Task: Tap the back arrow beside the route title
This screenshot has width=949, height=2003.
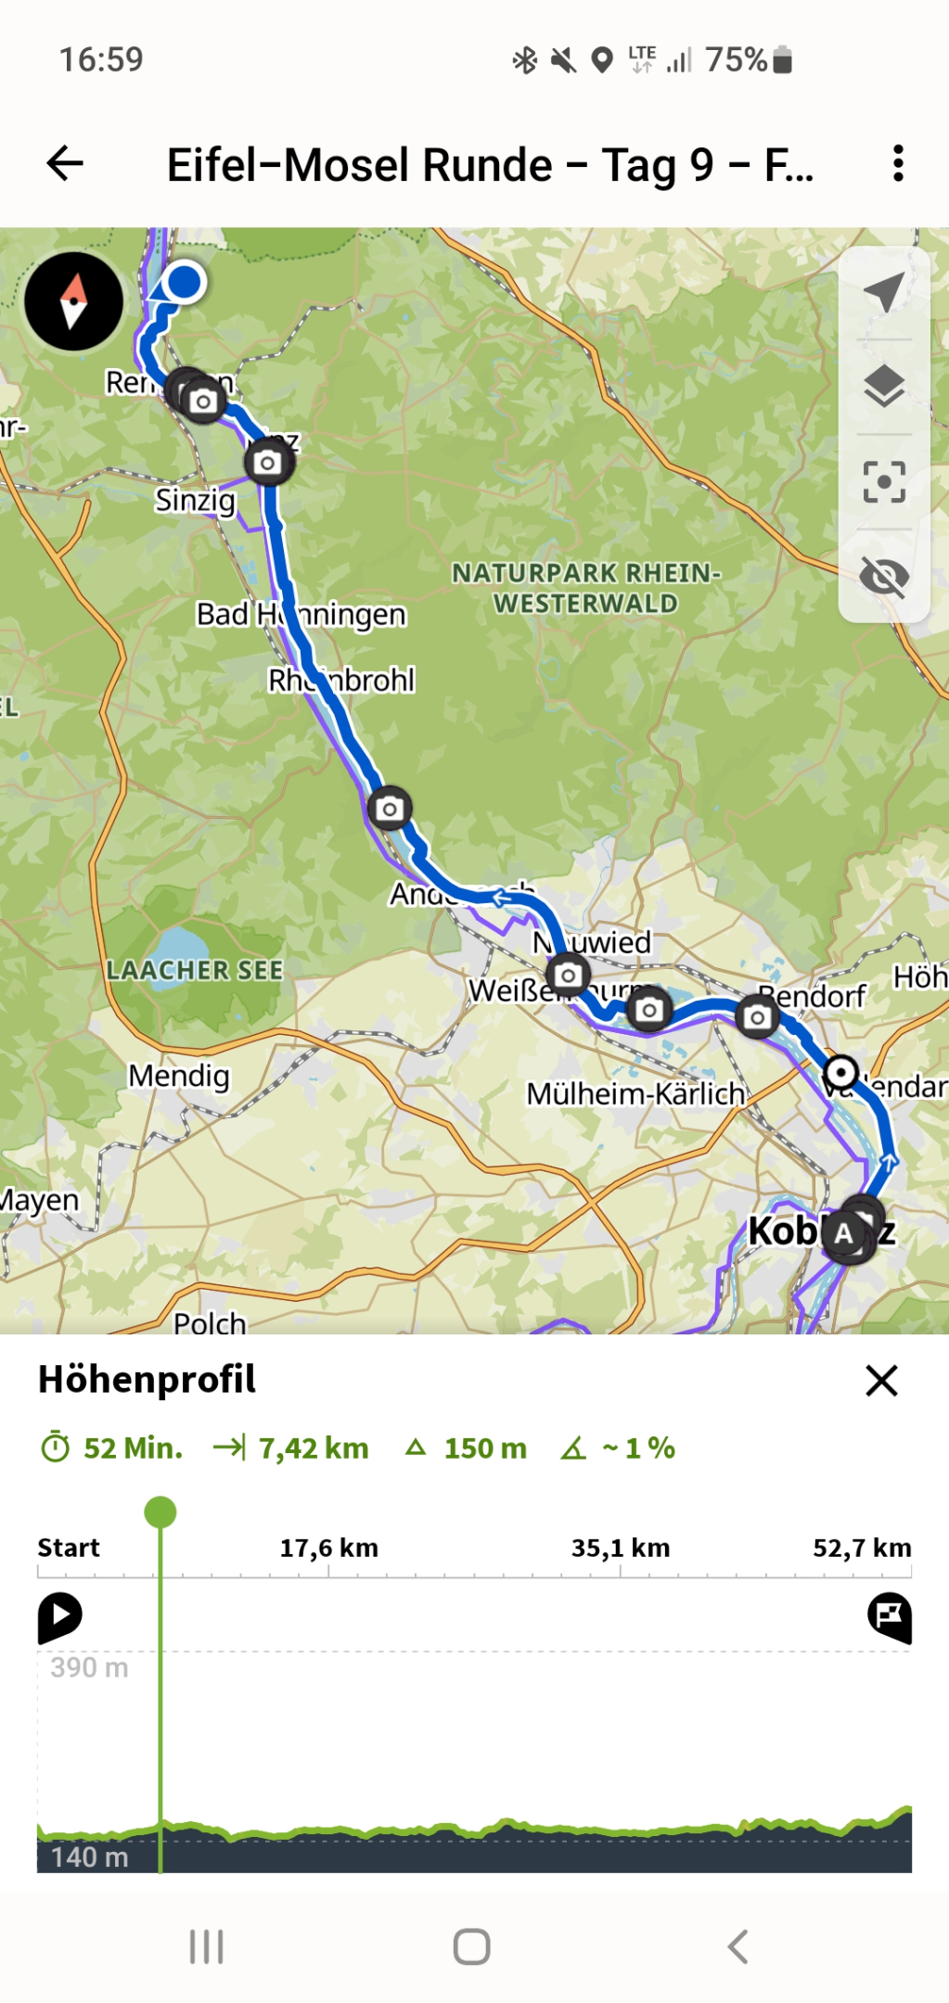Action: point(65,164)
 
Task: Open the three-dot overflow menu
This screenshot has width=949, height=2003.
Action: point(897,164)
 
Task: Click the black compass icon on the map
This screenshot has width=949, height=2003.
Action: point(73,301)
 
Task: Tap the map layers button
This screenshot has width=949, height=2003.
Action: point(883,386)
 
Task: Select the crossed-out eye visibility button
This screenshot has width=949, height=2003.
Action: point(883,577)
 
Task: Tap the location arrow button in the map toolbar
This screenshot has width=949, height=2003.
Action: point(883,292)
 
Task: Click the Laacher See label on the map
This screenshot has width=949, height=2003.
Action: point(194,970)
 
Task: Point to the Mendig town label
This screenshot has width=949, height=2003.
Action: point(178,1076)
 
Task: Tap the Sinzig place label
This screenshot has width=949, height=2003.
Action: point(195,500)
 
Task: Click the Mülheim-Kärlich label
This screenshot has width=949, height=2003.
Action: point(635,1094)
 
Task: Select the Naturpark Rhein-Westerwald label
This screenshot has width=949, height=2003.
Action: point(585,588)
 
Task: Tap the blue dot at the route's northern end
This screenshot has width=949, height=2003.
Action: point(185,281)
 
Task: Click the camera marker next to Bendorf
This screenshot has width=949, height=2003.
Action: point(757,1017)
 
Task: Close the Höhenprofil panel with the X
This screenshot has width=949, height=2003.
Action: point(881,1380)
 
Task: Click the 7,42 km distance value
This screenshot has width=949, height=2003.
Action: point(314,1448)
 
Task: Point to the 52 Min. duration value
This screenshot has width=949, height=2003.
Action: point(133,1448)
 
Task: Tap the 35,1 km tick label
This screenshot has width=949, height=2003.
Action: point(620,1548)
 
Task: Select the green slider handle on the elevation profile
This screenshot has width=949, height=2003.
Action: point(160,1512)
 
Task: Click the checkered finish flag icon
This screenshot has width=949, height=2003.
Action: point(889,1616)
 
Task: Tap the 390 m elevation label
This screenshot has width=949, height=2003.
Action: point(89,1667)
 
